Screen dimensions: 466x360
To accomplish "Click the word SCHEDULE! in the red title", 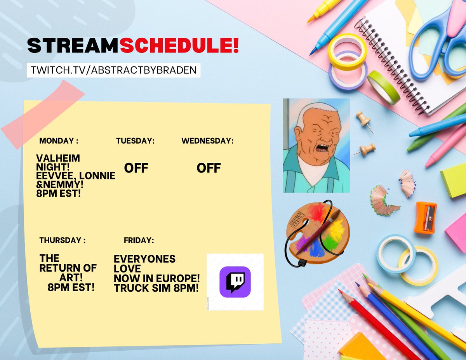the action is (x=179, y=46).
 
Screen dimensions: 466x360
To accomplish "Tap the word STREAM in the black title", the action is (x=73, y=46).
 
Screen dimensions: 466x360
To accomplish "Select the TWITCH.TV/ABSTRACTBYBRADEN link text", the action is (x=114, y=70).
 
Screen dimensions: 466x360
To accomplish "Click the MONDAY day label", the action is (x=59, y=141).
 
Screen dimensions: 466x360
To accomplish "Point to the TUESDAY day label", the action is (x=135, y=141).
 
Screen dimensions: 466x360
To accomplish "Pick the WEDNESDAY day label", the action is (x=207, y=141).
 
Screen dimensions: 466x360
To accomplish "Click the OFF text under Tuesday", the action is (x=136, y=168).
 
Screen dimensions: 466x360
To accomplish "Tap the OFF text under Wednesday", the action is (x=209, y=168).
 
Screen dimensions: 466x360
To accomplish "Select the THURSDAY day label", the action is (x=63, y=240).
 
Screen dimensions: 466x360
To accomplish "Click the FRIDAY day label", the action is (x=139, y=240).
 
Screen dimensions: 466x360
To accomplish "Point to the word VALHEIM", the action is (x=58, y=158).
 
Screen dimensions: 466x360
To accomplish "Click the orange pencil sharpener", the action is (x=425, y=217).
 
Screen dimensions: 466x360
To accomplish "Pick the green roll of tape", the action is (x=383, y=87).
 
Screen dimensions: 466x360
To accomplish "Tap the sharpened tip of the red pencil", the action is (x=339, y=290).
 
